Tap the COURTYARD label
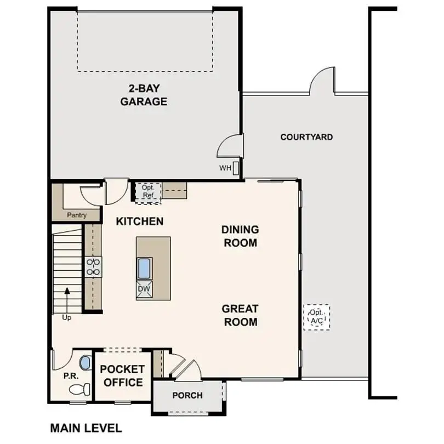(x=306, y=137)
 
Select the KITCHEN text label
(x=140, y=221)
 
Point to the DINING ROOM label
(x=240, y=236)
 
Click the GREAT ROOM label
(x=240, y=315)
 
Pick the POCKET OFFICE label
(x=122, y=375)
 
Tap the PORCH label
(x=187, y=395)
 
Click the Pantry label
(x=77, y=215)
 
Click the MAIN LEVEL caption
(x=86, y=428)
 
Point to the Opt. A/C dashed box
(x=317, y=317)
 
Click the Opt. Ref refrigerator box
(x=147, y=191)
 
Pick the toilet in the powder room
(x=79, y=389)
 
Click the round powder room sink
(x=85, y=362)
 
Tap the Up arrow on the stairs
(x=67, y=300)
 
